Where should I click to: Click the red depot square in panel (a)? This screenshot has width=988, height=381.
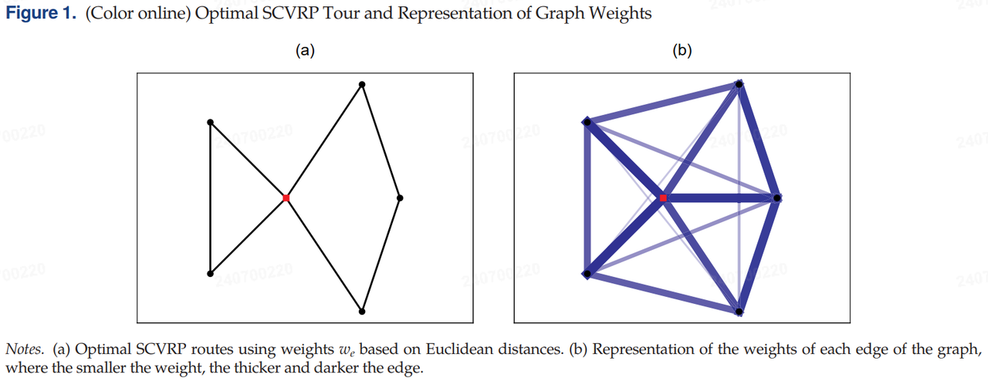pyautogui.click(x=286, y=198)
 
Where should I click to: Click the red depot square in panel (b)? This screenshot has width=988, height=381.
pyautogui.click(x=663, y=198)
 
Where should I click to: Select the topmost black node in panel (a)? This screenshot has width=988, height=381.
pyautogui.click(x=361, y=84)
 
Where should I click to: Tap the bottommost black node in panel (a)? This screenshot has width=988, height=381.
pyautogui.click(x=361, y=312)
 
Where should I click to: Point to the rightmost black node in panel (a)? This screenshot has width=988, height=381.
pyautogui.click(x=399, y=198)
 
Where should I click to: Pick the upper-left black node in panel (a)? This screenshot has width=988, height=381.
pyautogui.click(x=210, y=122)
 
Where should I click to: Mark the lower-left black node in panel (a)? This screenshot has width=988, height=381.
pyautogui.click(x=210, y=274)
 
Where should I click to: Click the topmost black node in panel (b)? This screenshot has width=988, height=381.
pyautogui.click(x=739, y=84)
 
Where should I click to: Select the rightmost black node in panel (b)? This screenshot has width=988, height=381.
pyautogui.click(x=777, y=198)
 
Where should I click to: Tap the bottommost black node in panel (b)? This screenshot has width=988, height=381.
pyautogui.click(x=739, y=312)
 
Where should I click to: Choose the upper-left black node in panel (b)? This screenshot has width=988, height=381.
pyautogui.click(x=587, y=122)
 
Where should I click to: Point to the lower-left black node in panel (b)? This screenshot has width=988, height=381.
pyautogui.click(x=587, y=274)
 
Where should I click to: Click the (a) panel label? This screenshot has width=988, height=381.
pyautogui.click(x=305, y=51)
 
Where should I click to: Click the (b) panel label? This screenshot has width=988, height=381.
pyautogui.click(x=682, y=51)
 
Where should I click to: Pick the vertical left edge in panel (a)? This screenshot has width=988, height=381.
pyautogui.click(x=210, y=198)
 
